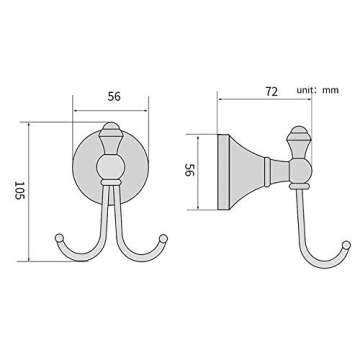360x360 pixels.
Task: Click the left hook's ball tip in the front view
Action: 60,239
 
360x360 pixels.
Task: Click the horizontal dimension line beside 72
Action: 255,99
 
